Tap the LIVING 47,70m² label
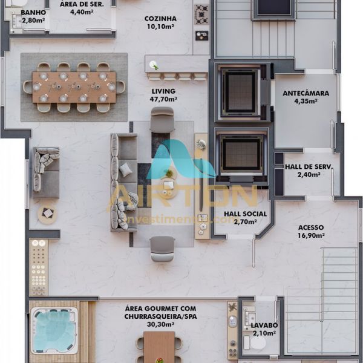[x=163, y=95]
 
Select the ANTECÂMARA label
[x=298, y=97]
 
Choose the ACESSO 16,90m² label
[x=311, y=232]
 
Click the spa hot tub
[x=54, y=330]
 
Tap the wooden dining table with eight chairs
[x=74, y=87]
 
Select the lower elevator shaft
[x=241, y=154]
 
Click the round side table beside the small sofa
[x=47, y=213]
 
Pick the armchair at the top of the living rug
[x=162, y=119]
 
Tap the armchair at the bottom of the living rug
[x=162, y=248]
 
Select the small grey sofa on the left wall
[x=46, y=172]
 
